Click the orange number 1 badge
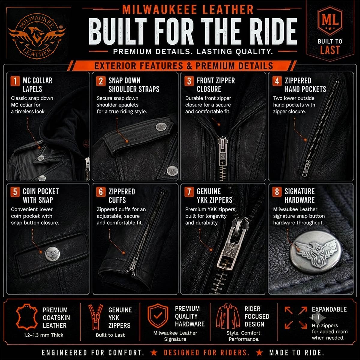[15, 81]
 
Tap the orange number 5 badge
[15, 192]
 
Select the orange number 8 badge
[277, 192]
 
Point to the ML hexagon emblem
[330, 21]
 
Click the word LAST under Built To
[330, 50]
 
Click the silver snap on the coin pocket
[52, 254]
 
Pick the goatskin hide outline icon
[27, 317]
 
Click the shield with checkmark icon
[158, 316]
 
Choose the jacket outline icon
[228, 316]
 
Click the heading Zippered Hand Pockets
[305, 85]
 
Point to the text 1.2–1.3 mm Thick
[43, 335]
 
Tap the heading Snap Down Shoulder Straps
[134, 85]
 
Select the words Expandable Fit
[329, 313]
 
